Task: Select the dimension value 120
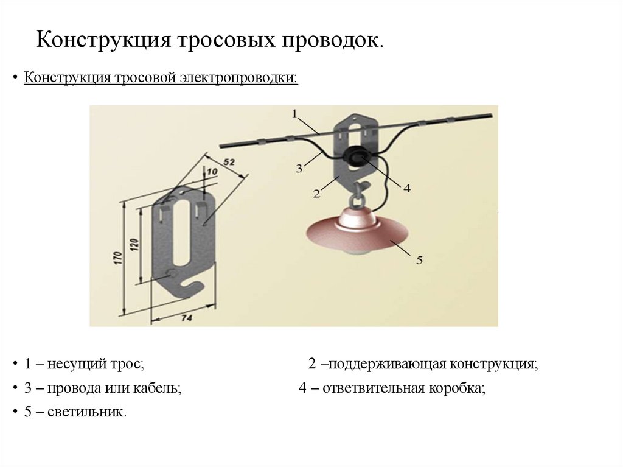coord(135,245)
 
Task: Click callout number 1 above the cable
coord(294,113)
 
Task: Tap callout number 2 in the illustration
coord(316,194)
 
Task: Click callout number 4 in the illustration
coord(406,189)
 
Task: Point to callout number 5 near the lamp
coord(419,260)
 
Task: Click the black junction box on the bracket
coord(352,158)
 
